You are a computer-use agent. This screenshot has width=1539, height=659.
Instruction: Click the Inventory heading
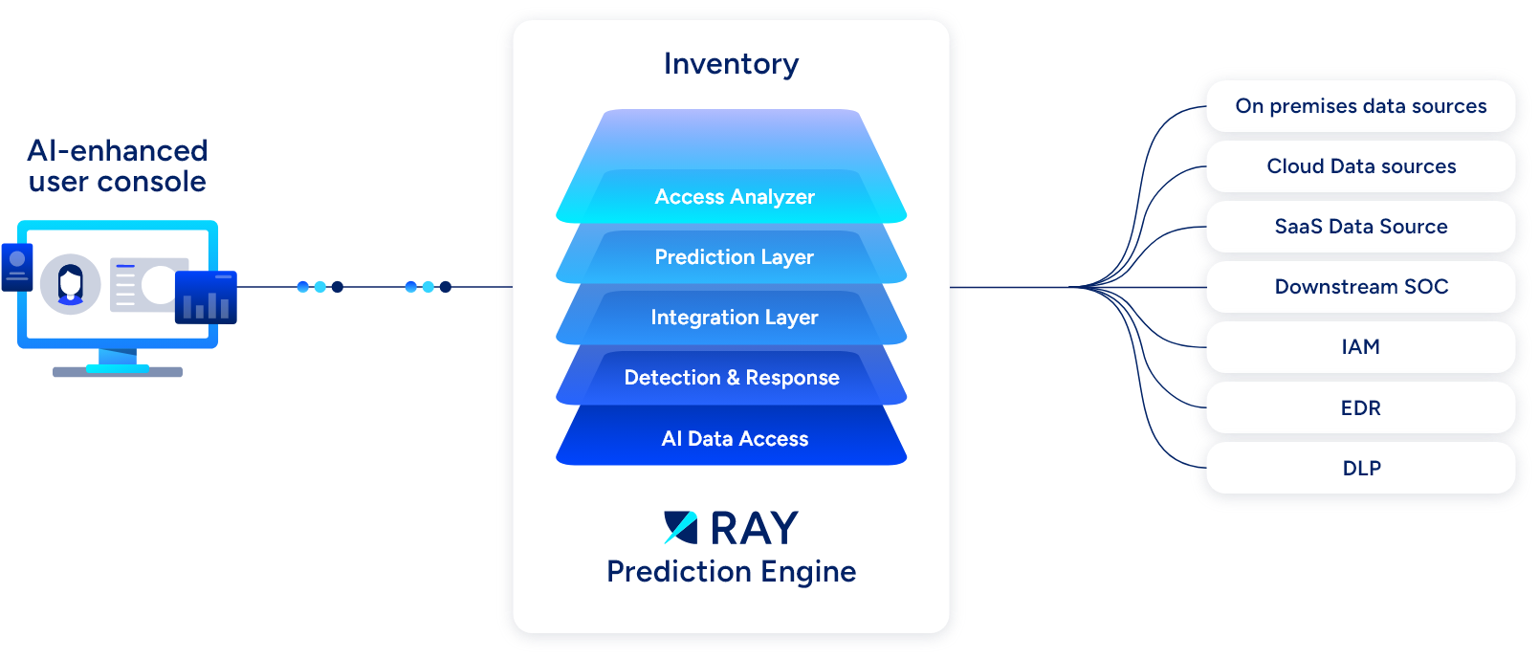click(731, 65)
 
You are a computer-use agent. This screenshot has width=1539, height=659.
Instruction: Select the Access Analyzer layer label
click(735, 197)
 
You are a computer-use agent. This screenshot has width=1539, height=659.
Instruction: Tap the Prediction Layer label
click(734, 257)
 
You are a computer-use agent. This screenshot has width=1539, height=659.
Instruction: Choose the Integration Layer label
click(735, 318)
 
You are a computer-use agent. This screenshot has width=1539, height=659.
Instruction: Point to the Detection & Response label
click(732, 377)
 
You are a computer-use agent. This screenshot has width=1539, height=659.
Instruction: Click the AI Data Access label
click(735, 438)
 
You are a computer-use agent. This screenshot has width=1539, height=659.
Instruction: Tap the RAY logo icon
click(681, 528)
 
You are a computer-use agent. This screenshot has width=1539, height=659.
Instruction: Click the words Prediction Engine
click(731, 572)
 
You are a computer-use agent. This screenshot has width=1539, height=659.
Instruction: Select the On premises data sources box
click(1360, 106)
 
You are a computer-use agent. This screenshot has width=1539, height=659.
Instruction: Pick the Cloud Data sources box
click(1360, 166)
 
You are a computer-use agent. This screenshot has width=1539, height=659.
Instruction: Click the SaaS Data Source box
click(1360, 227)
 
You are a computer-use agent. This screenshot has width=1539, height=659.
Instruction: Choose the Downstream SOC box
click(1360, 287)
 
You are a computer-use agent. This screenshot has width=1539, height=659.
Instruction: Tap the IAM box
click(1360, 347)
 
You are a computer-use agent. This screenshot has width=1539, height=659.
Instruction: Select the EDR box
click(1360, 407)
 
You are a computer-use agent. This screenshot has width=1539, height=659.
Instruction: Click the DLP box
click(1360, 468)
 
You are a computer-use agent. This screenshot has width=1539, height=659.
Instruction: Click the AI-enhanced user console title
click(118, 166)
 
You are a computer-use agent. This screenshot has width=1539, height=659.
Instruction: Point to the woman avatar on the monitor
click(70, 284)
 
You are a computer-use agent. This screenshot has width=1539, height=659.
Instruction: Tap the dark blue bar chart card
click(206, 297)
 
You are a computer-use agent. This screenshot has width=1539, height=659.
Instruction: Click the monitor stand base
click(118, 372)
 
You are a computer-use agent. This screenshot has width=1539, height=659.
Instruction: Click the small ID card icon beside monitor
click(17, 267)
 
